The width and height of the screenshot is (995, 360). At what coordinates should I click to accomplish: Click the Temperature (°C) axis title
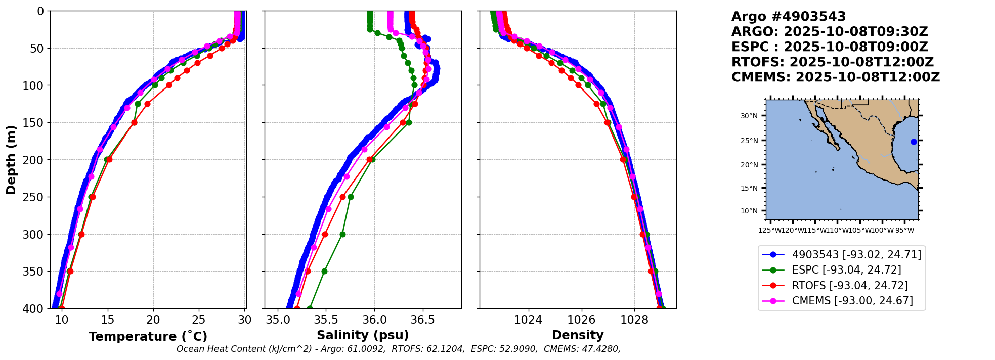pos(148,337)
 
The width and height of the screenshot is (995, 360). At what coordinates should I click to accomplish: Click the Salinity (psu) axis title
pos(363,335)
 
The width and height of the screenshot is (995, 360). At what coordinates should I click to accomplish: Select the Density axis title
pos(578,335)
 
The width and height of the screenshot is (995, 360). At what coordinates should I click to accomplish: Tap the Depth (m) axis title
pos(11,160)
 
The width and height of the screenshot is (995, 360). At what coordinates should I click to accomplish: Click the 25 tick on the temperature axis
pos(199,320)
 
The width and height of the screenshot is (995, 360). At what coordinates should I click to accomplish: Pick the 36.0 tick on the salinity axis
pos(374,320)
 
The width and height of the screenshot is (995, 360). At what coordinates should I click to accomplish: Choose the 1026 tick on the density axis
pos(581,320)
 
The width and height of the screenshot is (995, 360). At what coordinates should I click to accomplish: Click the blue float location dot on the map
pos(914,142)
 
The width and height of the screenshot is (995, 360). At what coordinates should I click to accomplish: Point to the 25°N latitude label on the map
pos(749,141)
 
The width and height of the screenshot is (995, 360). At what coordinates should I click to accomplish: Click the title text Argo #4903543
pos(789,17)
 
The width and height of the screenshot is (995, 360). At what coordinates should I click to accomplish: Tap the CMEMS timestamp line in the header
pos(836,77)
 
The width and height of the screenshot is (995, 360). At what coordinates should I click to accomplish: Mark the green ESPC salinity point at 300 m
pos(342,234)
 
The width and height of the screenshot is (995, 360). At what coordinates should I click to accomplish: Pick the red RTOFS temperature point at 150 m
pos(134,122)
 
